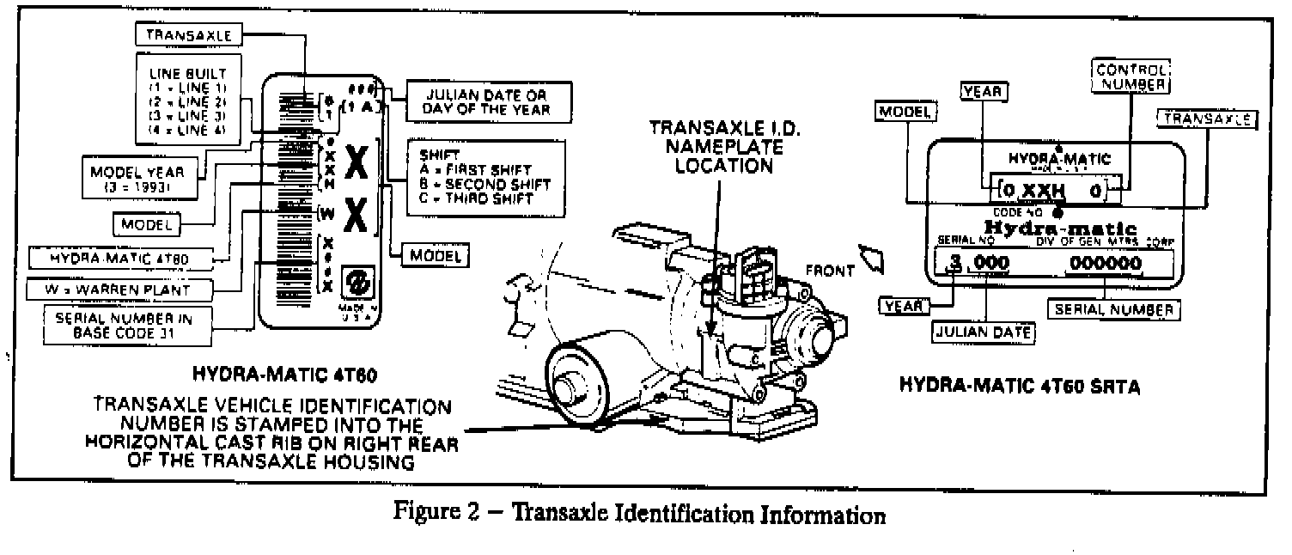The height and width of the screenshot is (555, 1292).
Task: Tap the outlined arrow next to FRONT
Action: click(x=873, y=257)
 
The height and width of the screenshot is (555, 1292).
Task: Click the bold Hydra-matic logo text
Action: click(x=1059, y=228)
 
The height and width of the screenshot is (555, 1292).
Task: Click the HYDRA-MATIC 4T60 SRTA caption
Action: click(x=1020, y=387)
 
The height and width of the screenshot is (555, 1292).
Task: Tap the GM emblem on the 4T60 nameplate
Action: click(x=355, y=282)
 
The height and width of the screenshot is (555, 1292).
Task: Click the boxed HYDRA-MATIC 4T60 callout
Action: click(x=129, y=257)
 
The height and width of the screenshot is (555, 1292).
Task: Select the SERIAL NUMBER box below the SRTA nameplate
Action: click(x=1112, y=308)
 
